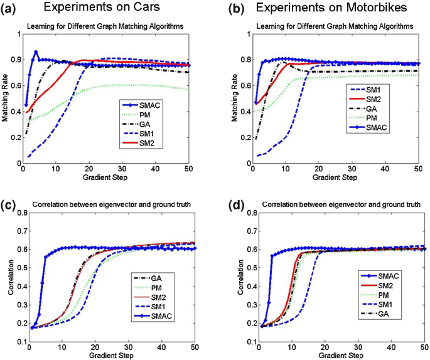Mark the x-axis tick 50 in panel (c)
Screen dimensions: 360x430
(x=195, y=347)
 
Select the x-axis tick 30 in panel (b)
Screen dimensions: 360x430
(x=353, y=171)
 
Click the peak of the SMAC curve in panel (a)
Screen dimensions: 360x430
(x=36, y=52)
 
